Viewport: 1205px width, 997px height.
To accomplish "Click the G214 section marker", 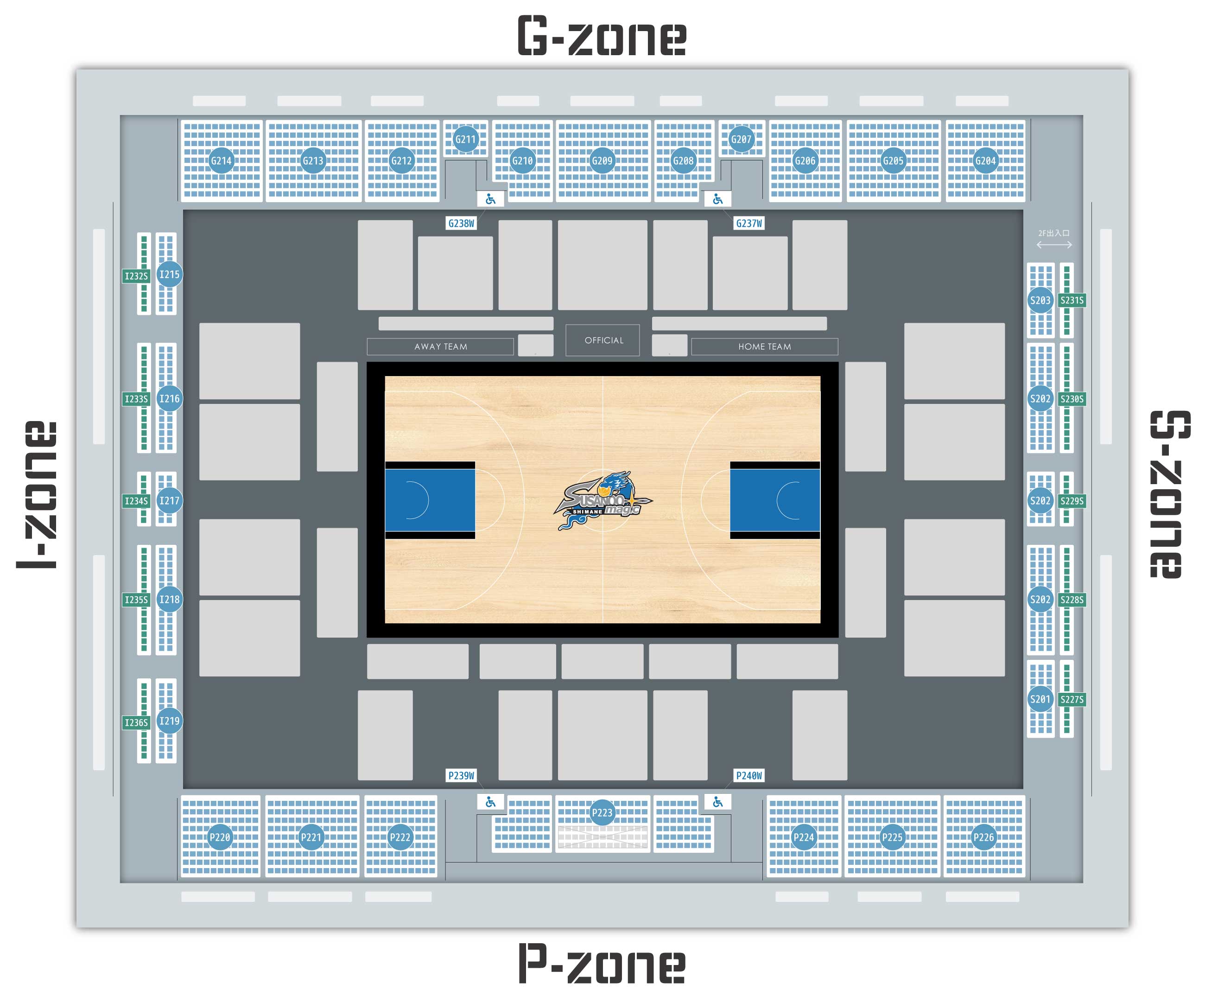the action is [x=221, y=161].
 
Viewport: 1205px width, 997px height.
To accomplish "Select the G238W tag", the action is [x=461, y=223].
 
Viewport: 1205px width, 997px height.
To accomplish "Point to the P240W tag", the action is [x=749, y=775].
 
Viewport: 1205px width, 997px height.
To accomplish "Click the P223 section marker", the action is [x=602, y=812].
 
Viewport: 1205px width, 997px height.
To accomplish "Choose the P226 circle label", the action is [x=983, y=837].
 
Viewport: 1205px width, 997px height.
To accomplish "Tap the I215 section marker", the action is [x=169, y=275].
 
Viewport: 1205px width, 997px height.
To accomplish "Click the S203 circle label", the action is [x=1040, y=300].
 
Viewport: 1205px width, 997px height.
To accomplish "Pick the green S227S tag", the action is [x=1072, y=699].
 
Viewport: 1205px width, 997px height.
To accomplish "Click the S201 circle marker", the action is [x=1040, y=699].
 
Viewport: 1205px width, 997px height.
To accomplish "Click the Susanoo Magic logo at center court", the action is [x=602, y=500].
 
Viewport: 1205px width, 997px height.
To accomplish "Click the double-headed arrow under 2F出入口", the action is [x=1054, y=244].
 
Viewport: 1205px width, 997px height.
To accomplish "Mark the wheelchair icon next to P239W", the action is [x=491, y=802].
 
